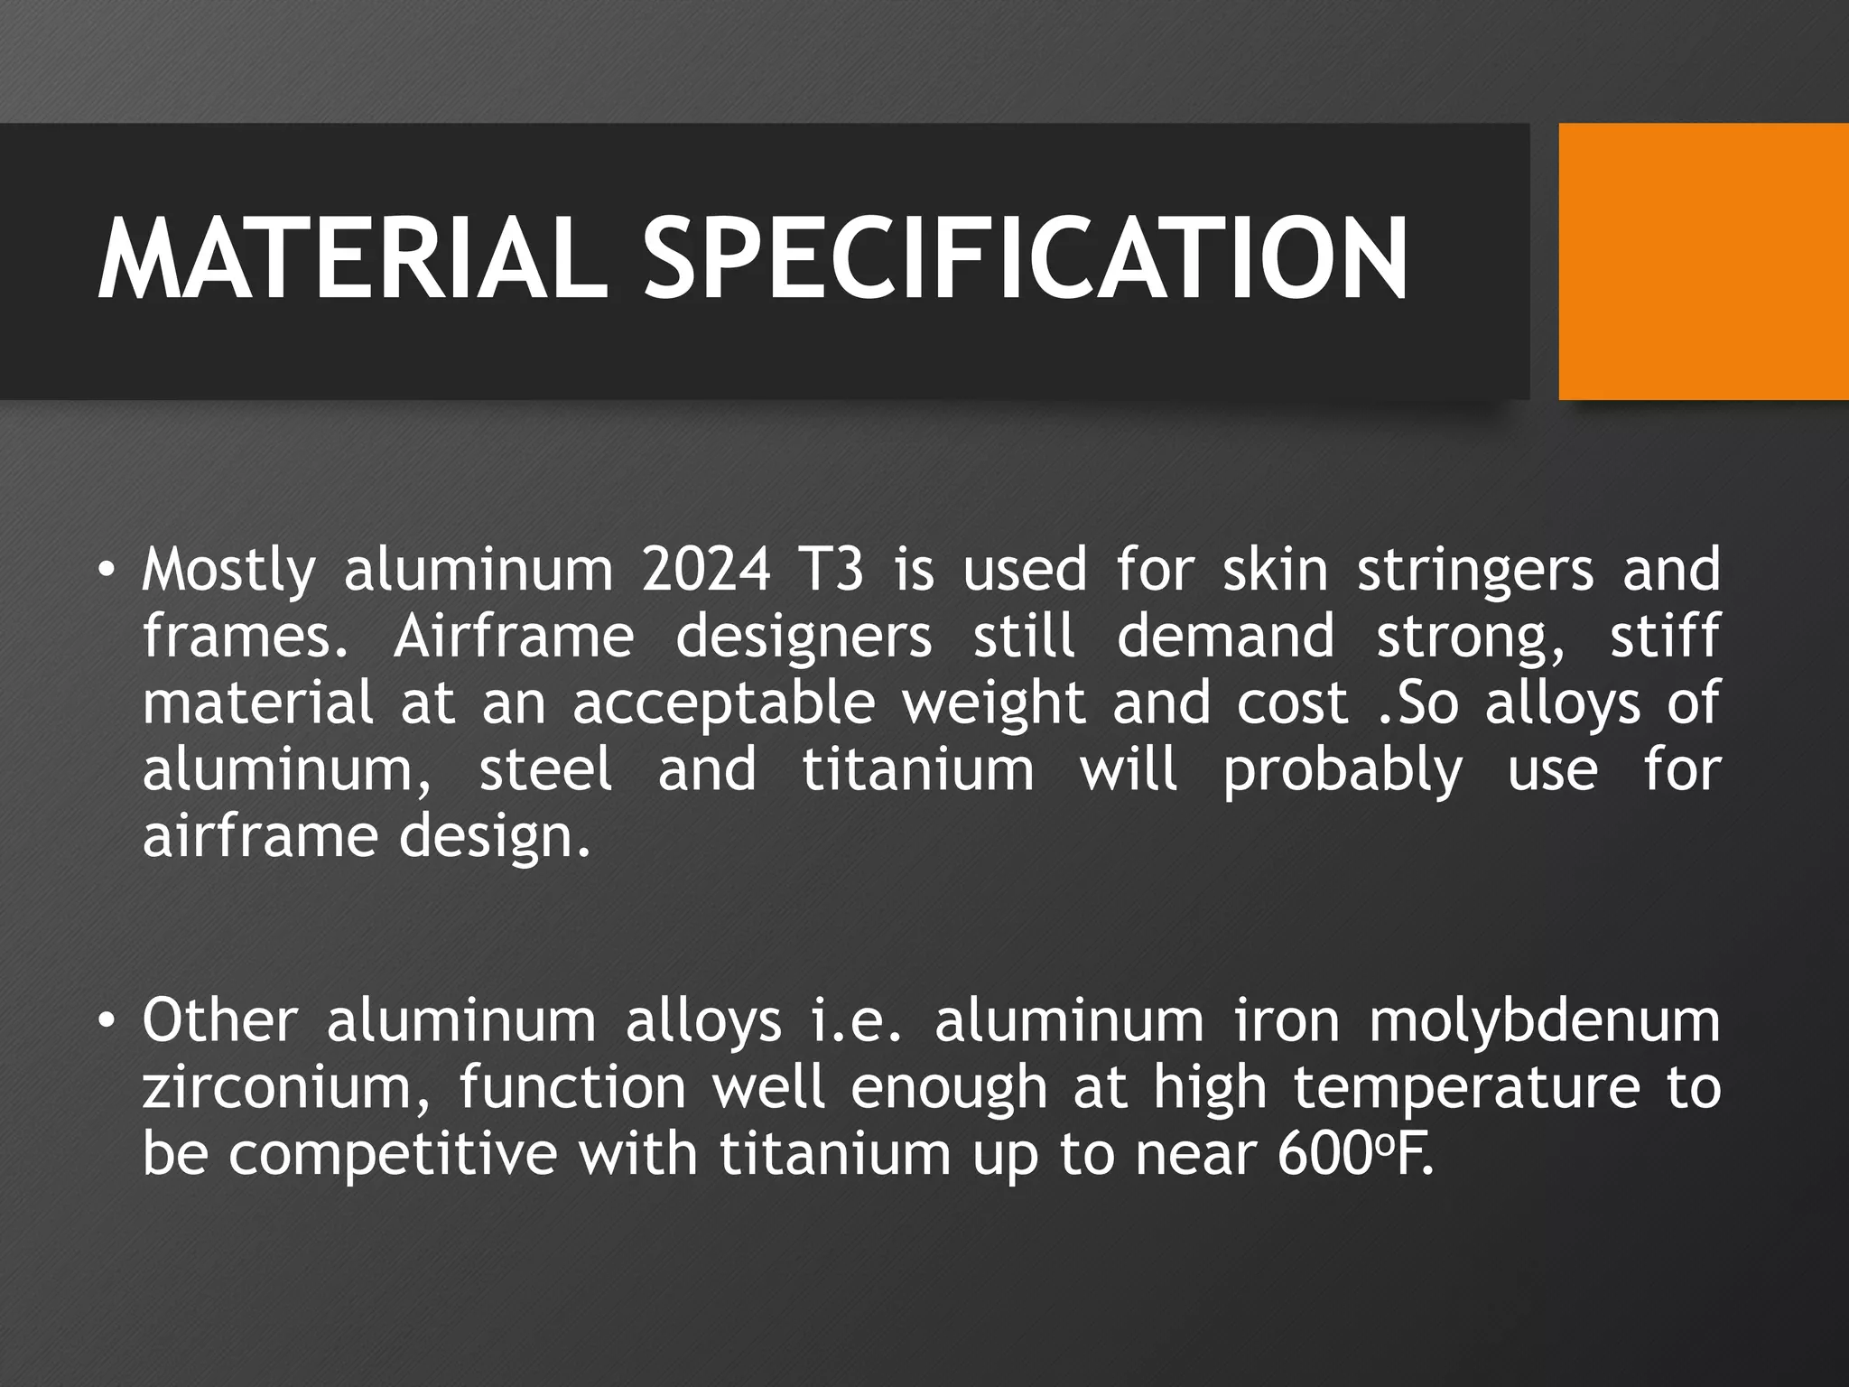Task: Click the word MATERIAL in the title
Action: (x=352, y=259)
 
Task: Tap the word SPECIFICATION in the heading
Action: (x=1025, y=259)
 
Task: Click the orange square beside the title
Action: (x=1704, y=261)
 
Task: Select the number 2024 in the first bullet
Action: (x=706, y=571)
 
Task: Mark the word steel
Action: (x=545, y=769)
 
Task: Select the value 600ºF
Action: (x=1354, y=1153)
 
